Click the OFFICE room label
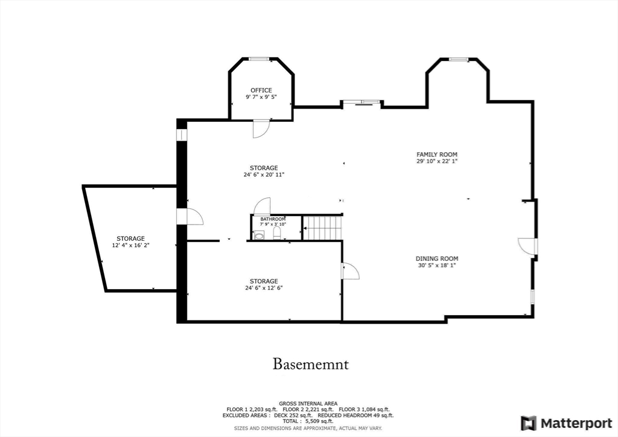[261, 91]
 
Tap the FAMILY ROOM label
[437, 155]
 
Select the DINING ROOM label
[437, 259]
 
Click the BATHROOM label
[273, 219]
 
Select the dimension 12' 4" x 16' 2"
[131, 246]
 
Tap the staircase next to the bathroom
[322, 229]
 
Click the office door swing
[260, 129]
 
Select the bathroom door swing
[262, 206]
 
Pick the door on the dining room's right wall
[526, 247]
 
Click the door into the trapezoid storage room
[193, 217]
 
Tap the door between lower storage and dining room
[350, 271]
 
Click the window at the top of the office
[260, 59]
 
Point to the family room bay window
[458, 59]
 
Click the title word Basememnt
[311, 365]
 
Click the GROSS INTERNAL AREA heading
[308, 403]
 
